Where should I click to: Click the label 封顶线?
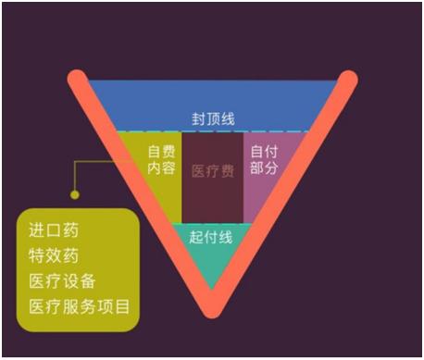pyautogui.click(x=213, y=119)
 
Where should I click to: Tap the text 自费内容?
pyautogui.click(x=160, y=160)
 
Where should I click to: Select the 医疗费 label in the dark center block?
pyautogui.click(x=213, y=171)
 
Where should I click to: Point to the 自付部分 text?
pyautogui.click(x=265, y=160)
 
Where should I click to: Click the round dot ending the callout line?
pyautogui.click(x=76, y=195)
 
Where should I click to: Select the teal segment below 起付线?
pyautogui.click(x=211, y=264)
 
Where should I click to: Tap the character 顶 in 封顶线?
pyautogui.click(x=213, y=119)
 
